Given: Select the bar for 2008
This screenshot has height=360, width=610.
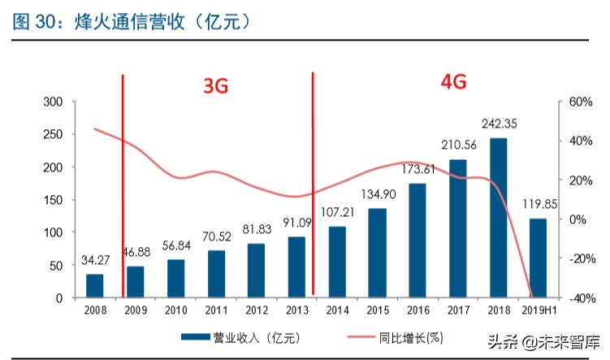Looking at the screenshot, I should point(95,286).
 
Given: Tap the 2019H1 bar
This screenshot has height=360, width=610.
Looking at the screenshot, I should point(538,258).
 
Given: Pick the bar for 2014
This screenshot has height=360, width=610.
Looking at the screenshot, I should point(336,262).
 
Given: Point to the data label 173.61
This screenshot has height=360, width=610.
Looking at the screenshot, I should point(417,170).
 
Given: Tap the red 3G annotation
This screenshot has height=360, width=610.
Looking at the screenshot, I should point(215,85).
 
